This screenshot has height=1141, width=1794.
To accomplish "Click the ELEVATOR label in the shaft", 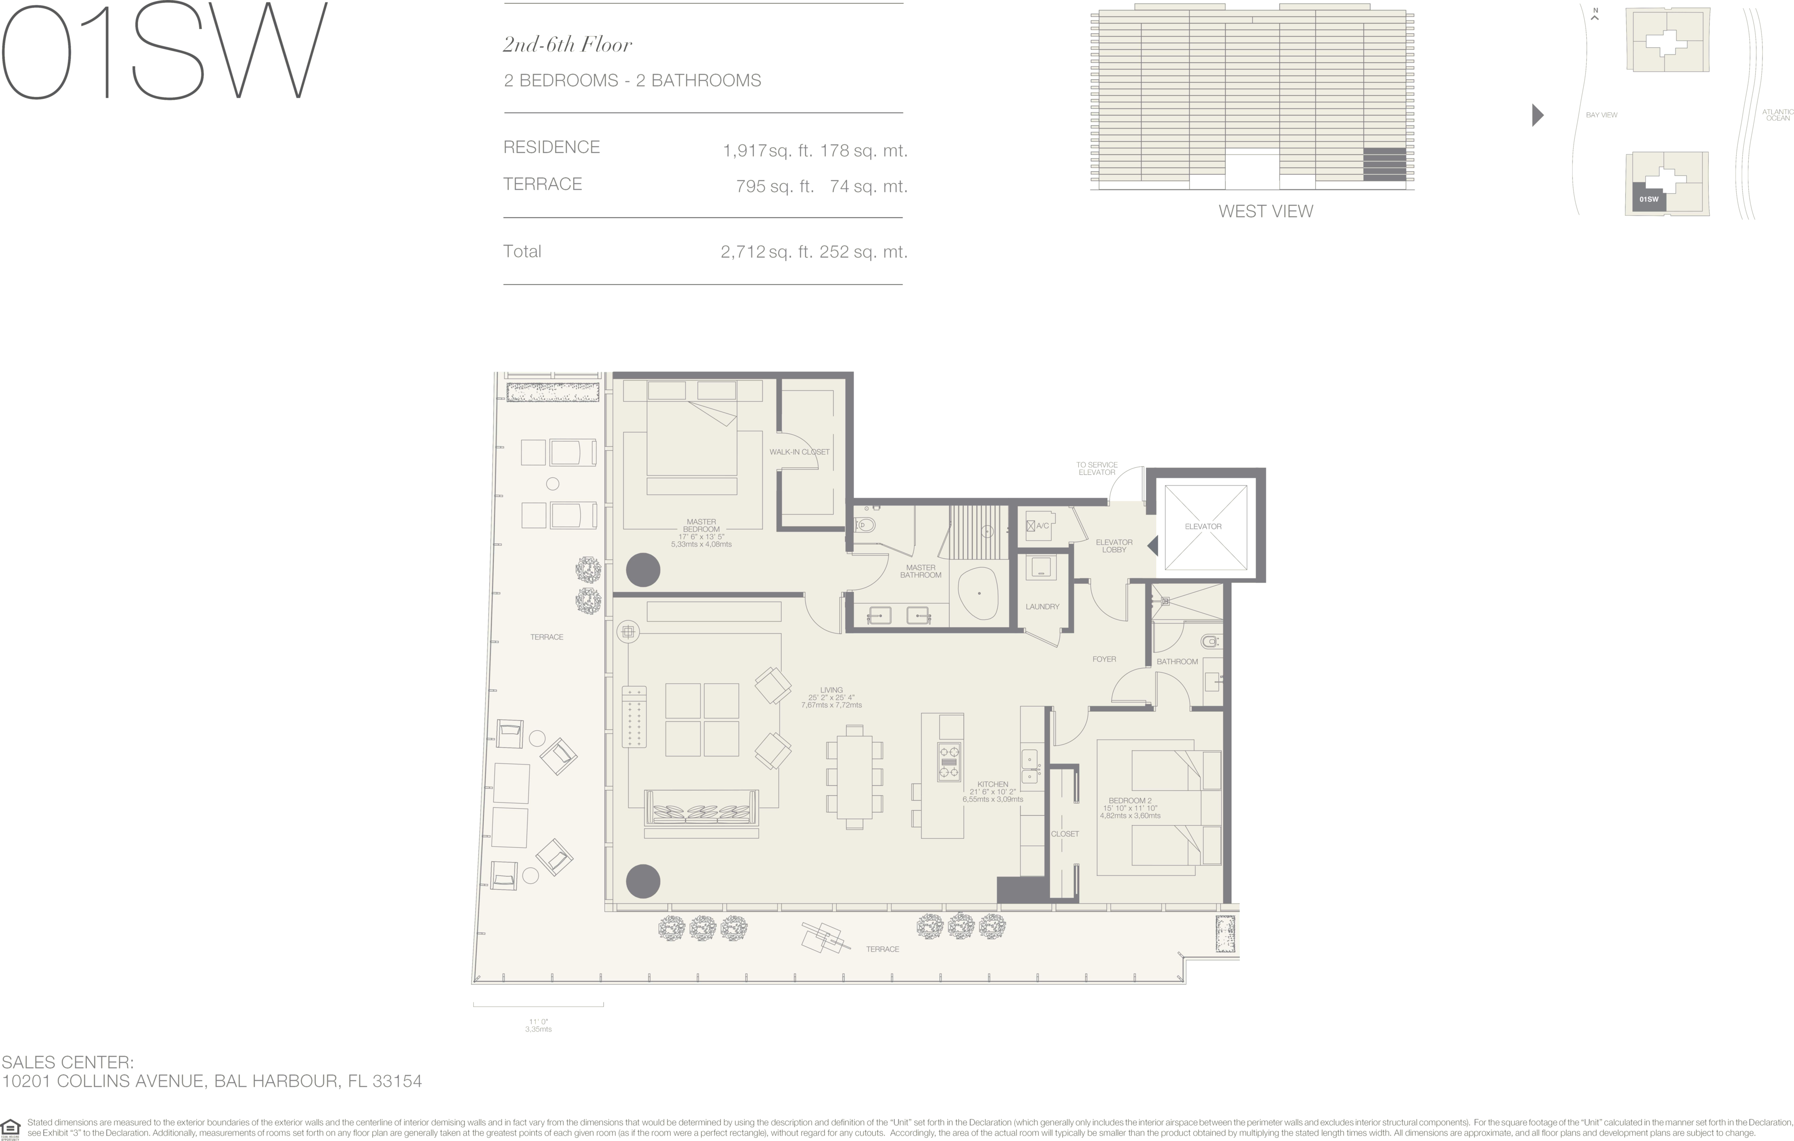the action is click(1203, 526).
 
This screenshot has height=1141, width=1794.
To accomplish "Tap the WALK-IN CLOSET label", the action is click(800, 452).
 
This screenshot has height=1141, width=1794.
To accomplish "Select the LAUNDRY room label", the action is click(1042, 607).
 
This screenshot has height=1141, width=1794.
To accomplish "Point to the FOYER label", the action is click(1104, 659).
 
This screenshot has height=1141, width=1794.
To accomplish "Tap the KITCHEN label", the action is click(992, 785).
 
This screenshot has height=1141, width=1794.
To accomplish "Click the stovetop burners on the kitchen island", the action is click(948, 762).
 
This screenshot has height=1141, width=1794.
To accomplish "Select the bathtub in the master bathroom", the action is click(978, 593).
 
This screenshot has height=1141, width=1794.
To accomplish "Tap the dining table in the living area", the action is click(854, 777).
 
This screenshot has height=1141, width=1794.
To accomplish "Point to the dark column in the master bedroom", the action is click(643, 571).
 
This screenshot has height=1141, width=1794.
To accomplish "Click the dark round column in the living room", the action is click(643, 881).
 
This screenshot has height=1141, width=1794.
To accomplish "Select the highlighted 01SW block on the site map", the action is click(1649, 197).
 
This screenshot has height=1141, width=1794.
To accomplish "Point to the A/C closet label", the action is click(1042, 526).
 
